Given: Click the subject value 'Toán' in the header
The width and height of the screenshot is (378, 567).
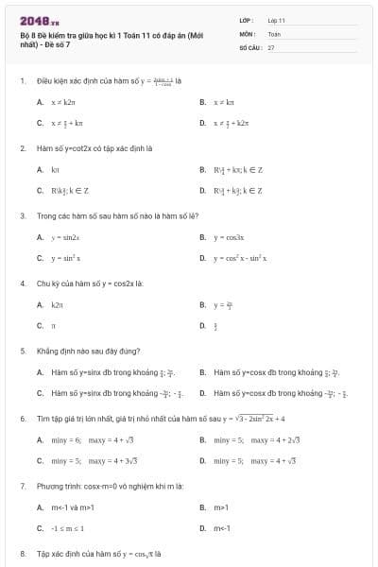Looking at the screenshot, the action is click(x=274, y=33).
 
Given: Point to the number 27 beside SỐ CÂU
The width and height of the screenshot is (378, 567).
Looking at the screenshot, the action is click(x=271, y=46).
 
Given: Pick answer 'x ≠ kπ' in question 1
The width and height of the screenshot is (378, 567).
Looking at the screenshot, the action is click(x=223, y=101).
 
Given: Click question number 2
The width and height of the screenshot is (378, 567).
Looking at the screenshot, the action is click(x=22, y=148).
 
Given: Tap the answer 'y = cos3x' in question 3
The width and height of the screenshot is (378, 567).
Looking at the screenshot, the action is click(x=229, y=237).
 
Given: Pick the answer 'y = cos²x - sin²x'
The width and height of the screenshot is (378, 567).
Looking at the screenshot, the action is click(x=240, y=258).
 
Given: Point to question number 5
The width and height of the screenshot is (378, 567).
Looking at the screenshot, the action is click(x=22, y=350).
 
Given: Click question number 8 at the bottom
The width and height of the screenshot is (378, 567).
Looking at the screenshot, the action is click(x=22, y=552).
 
